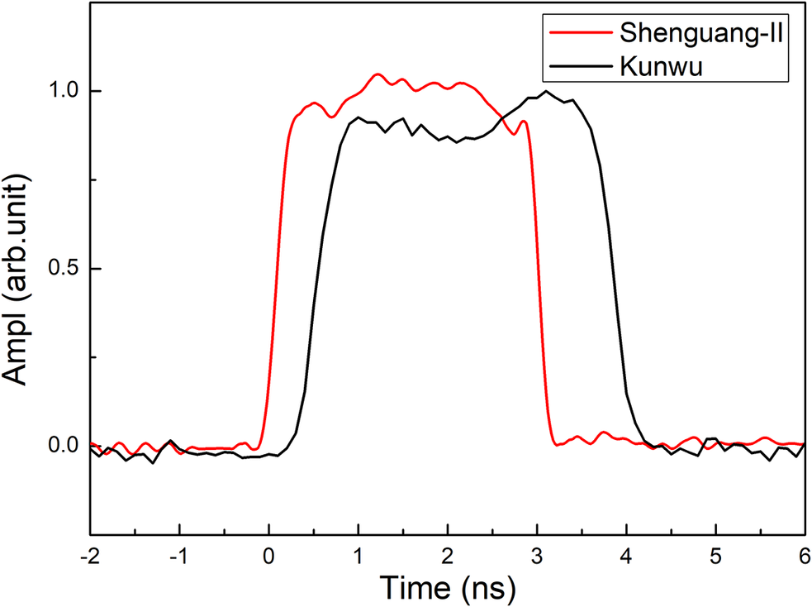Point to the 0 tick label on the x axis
tap(268, 552)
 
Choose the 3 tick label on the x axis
tap(537, 552)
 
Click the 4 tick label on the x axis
tap(626, 552)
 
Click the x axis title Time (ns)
tap(447, 586)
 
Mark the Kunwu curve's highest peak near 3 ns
tap(546, 92)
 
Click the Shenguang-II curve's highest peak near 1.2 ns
tap(378, 74)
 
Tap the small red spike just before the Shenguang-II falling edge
tap(524, 122)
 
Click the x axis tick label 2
tap(447, 552)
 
